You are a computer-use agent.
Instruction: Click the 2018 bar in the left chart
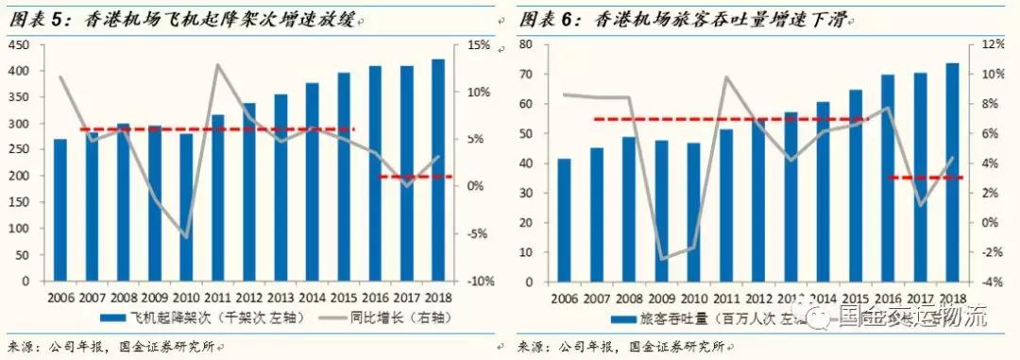pyautogui.click(x=438, y=170)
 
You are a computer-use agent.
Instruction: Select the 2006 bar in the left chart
pyautogui.click(x=59, y=210)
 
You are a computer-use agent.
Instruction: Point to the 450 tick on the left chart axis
pyautogui.click(x=17, y=45)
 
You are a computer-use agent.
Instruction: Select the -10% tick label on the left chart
pyautogui.click(x=479, y=282)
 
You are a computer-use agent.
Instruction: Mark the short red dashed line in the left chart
pyautogui.click(x=415, y=177)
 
